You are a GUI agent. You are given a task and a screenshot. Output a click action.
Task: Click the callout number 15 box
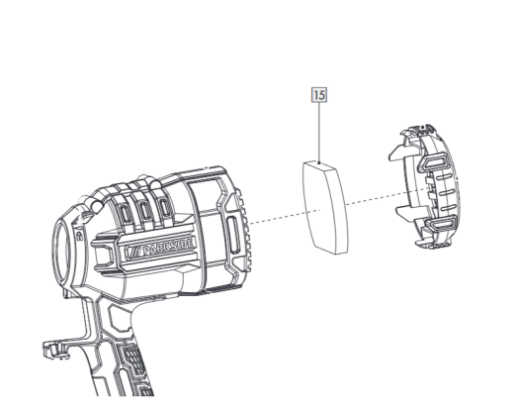tap(319, 95)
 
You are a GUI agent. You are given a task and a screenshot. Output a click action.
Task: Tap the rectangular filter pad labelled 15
tap(325, 208)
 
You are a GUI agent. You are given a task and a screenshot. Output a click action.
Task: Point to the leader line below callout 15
tap(319, 133)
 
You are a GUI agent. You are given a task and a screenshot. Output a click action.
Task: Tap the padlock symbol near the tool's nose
tap(79, 236)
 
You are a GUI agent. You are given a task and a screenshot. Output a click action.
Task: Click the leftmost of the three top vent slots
tap(126, 214)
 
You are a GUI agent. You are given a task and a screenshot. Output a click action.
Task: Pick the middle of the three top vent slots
tap(144, 210)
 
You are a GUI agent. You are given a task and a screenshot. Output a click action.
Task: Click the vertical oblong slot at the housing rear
tap(233, 235)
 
